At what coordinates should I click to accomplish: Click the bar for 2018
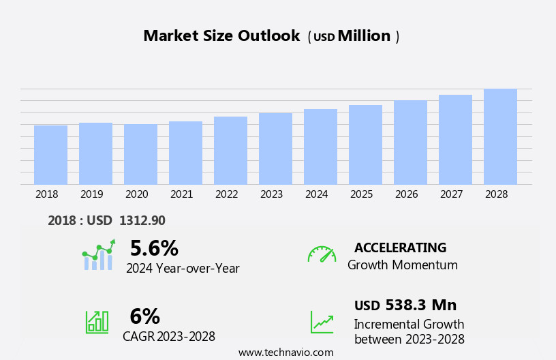50,155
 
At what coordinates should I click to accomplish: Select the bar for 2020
140,154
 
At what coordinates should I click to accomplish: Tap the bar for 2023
275,149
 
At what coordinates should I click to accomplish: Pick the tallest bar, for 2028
500,136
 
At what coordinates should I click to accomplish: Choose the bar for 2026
410,142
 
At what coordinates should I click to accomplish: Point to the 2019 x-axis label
92,194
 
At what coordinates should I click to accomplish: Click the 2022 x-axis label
227,194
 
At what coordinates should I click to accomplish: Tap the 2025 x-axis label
362,194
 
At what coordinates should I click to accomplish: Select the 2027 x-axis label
452,194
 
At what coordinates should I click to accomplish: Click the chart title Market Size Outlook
221,36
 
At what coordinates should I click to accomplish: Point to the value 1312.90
142,221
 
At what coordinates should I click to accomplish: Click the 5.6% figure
154,248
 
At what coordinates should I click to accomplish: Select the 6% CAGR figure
144,316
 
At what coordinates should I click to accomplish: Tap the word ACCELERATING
400,247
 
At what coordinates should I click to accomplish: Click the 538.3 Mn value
420,305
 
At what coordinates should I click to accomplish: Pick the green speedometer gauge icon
322,254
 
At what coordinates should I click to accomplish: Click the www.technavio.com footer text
285,352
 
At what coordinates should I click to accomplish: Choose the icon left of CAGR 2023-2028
97,321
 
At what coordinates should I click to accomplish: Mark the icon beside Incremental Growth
322,322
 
